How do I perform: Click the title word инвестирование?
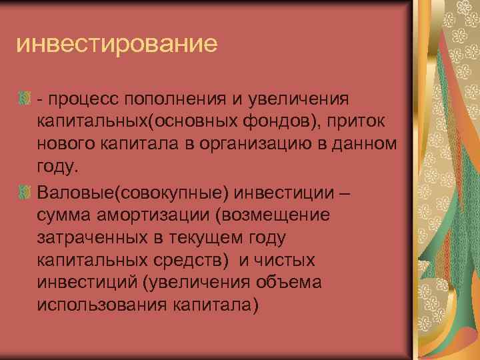pos(117,45)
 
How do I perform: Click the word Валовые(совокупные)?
pos(133,193)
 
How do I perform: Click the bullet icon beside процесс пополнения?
pos(23,99)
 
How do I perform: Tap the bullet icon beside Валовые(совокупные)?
pos(23,193)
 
